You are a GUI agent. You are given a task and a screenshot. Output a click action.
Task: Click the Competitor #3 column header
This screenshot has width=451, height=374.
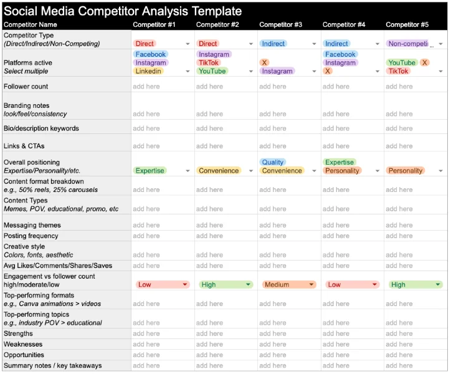pos(280,25)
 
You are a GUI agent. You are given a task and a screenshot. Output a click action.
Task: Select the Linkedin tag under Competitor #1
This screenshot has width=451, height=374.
pos(148,71)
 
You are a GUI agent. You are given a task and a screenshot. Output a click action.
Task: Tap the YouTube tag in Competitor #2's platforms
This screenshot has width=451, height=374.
pos(212,71)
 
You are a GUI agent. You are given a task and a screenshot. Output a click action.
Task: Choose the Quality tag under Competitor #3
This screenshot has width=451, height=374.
pos(273,162)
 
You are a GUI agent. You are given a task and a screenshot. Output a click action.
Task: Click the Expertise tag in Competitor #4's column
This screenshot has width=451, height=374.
pos(339,162)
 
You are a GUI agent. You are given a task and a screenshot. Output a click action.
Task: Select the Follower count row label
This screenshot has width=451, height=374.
pos(26,87)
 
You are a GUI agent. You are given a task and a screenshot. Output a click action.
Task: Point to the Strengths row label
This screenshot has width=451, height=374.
pos(19,333)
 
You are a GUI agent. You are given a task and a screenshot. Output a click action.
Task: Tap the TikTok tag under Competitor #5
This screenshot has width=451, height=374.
pos(399,71)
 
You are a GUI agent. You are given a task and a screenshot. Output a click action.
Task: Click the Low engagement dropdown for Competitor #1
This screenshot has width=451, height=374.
pos(161,284)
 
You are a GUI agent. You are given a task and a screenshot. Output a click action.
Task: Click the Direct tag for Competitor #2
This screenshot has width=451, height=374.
pos(208,44)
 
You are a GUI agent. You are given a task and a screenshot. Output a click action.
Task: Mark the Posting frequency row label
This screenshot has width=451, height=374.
pos(31,236)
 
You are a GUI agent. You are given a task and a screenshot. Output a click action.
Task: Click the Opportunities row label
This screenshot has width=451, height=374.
pos(24,355)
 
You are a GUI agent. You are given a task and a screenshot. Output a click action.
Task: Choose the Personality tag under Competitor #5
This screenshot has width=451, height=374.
pos(406,170)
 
